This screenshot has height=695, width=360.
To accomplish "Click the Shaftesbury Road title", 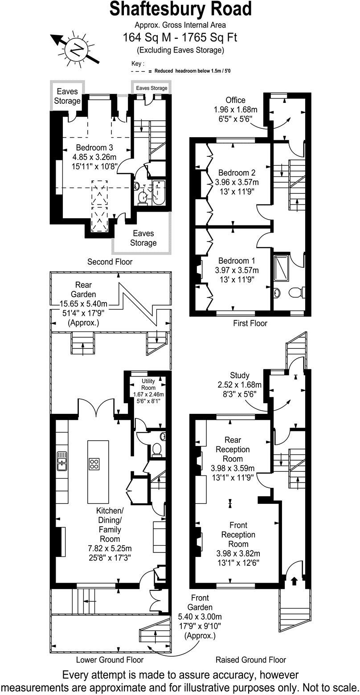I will coord(180,9).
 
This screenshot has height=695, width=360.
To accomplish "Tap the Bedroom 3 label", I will coord(94,148).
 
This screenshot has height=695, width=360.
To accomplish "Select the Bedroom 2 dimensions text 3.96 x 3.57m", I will coord(237,182).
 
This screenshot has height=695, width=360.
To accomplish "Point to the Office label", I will coord(235,100).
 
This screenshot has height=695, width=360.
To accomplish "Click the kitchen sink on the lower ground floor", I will coord(62,461).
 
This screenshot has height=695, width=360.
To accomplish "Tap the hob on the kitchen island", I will coord(94,464).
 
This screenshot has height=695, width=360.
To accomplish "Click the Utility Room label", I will coord(148,384).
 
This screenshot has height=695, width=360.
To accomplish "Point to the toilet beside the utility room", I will coord(156,450).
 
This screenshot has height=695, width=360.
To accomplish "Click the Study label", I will coord(239,375).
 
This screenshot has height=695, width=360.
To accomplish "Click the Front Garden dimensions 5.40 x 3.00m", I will coord(200,617).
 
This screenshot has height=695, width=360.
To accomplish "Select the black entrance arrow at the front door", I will coord(294,581).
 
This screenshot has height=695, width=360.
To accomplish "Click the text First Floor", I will coord(250,323).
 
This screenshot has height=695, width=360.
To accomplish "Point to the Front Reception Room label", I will coord(238,535).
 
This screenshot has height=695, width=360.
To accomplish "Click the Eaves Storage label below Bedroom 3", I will coord(143,238).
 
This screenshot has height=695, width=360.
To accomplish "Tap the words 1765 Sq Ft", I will coord(211,38).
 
